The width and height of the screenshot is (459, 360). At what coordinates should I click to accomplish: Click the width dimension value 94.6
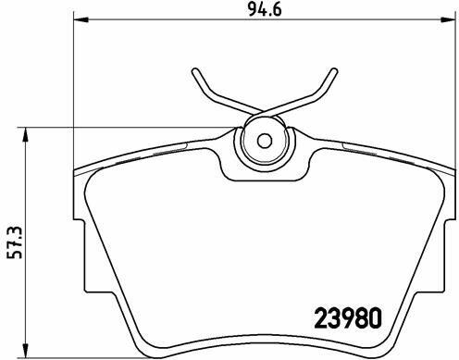coord(265,10)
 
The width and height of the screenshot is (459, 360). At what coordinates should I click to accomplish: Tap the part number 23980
coord(348,318)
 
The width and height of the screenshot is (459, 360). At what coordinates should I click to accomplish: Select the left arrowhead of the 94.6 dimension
coord(81,19)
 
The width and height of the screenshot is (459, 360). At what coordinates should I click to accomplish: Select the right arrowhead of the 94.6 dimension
coord(449,19)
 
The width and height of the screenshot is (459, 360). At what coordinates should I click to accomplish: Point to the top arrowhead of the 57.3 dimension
coord(26,134)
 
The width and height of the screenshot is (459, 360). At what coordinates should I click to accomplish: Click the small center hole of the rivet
coord(265,141)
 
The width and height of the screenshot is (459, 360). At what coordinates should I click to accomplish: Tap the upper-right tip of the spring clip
coord(334,71)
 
